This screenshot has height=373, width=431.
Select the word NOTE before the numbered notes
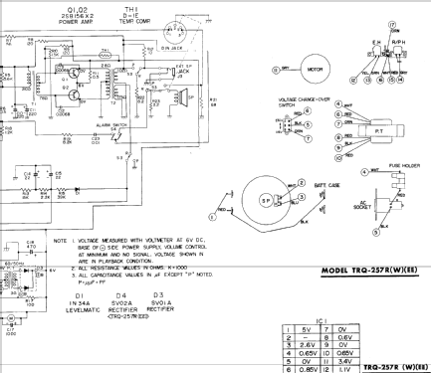[x=61, y=240]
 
